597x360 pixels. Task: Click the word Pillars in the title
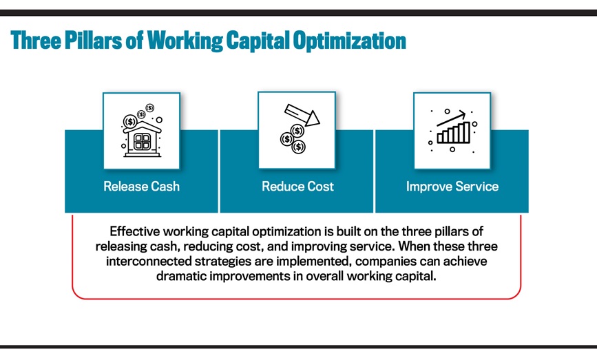(93, 41)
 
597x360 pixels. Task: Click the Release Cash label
(141, 187)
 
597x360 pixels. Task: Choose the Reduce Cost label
(297, 187)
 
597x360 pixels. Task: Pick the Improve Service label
(452, 187)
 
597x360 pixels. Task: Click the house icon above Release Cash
(142, 139)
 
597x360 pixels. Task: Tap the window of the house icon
(142, 141)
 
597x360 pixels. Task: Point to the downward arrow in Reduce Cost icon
(302, 115)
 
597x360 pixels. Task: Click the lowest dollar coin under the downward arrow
(299, 147)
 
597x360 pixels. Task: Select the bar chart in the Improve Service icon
(454, 132)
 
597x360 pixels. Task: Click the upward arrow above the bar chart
(451, 118)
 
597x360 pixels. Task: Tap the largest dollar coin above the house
(130, 122)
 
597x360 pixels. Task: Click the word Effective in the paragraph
(134, 231)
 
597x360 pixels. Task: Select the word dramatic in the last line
(181, 276)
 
